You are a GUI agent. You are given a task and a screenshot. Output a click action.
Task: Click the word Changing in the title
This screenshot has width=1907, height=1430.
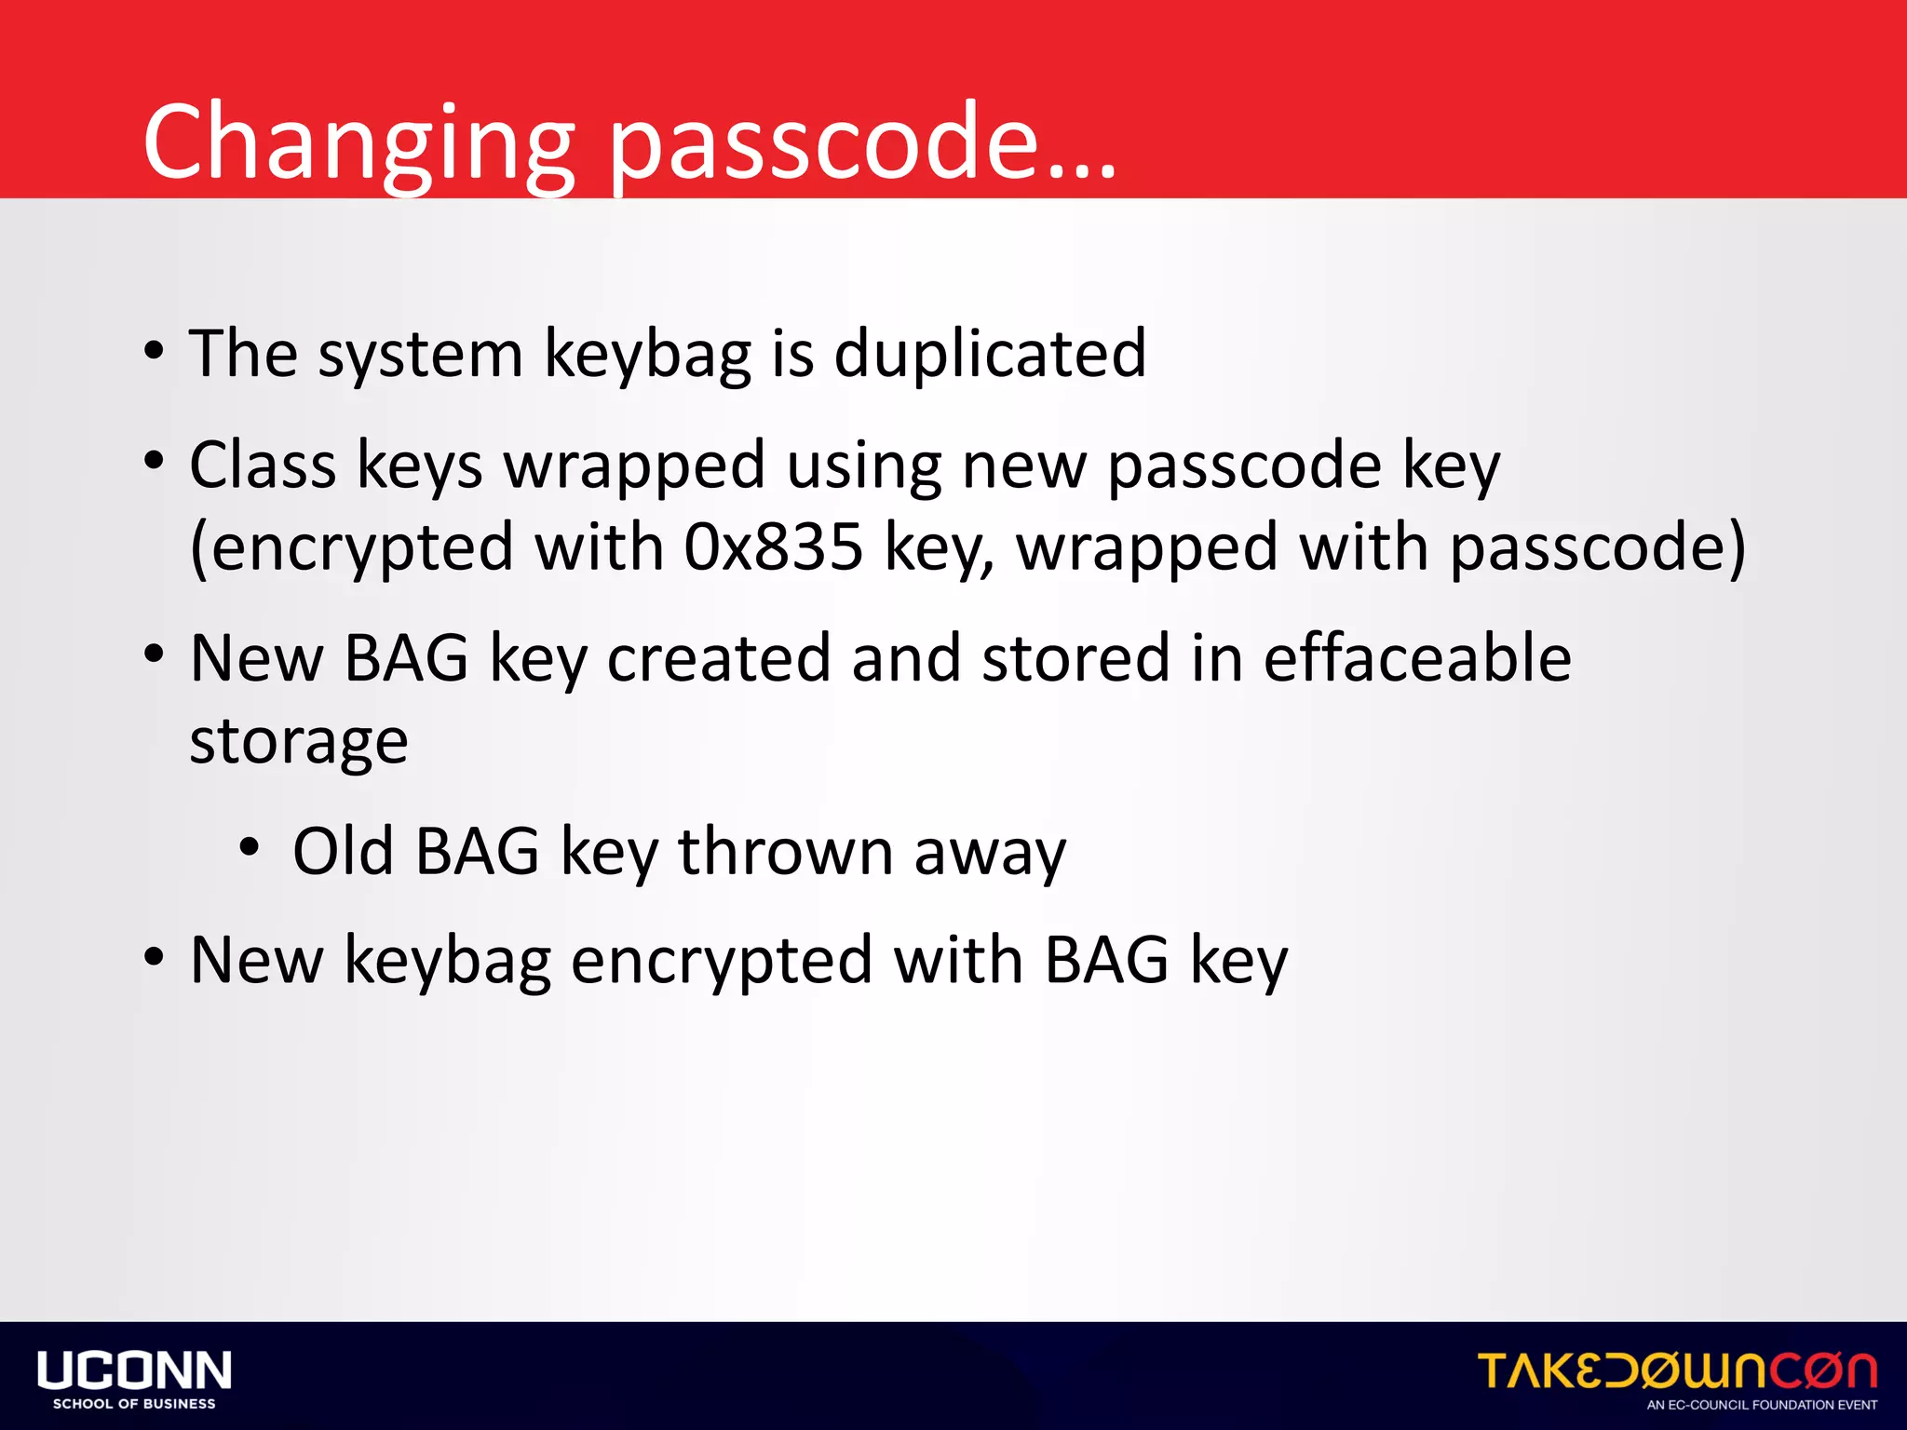[358, 144]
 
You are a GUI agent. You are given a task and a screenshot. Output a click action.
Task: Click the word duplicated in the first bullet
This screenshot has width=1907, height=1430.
[989, 354]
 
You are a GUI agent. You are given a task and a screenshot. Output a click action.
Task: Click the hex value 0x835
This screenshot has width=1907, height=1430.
[773, 547]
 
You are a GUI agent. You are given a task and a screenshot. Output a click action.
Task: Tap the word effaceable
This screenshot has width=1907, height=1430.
[1417, 657]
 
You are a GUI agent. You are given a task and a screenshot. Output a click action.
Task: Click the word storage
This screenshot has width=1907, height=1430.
[298, 743]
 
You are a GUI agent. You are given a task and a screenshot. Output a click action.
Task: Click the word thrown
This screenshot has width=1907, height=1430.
[785, 851]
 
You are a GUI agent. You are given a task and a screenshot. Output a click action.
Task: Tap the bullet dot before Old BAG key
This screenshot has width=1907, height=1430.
[249, 847]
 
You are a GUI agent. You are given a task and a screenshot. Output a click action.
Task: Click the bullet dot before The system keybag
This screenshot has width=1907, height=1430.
[155, 352]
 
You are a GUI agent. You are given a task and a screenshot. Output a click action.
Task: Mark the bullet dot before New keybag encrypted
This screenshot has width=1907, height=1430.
[155, 956]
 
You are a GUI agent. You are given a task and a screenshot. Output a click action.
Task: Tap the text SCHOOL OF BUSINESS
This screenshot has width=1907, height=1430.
[134, 1404]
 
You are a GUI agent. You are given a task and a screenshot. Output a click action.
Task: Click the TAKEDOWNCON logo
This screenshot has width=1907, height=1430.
[1676, 1371]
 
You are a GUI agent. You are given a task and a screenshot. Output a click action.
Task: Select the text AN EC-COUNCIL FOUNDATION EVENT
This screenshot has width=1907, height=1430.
[1762, 1405]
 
